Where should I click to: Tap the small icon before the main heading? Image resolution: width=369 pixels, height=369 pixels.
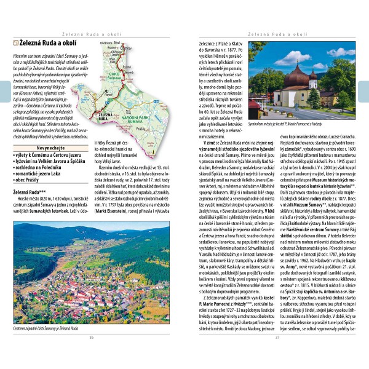tap(15, 42)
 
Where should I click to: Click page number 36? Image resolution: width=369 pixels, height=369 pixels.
tap(91, 355)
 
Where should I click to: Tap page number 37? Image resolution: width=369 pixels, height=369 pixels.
tap(277, 355)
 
